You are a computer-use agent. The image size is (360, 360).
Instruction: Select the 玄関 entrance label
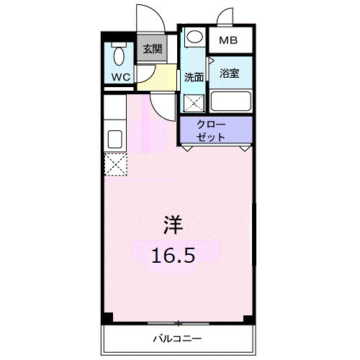coord(151,50)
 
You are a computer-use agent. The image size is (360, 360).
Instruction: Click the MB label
coord(229,40)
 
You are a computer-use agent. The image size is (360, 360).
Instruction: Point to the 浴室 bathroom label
coord(230,73)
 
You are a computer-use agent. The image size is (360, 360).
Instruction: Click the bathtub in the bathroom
coord(230,101)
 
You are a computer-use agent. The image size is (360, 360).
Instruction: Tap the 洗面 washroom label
coord(192,77)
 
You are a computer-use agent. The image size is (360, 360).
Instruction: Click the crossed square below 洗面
coord(193,102)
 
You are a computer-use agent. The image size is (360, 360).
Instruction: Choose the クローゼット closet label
coord(215,130)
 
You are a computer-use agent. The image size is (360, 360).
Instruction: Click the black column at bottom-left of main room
coord(107,317)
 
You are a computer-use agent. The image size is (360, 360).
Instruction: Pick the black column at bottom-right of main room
coord(250,317)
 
